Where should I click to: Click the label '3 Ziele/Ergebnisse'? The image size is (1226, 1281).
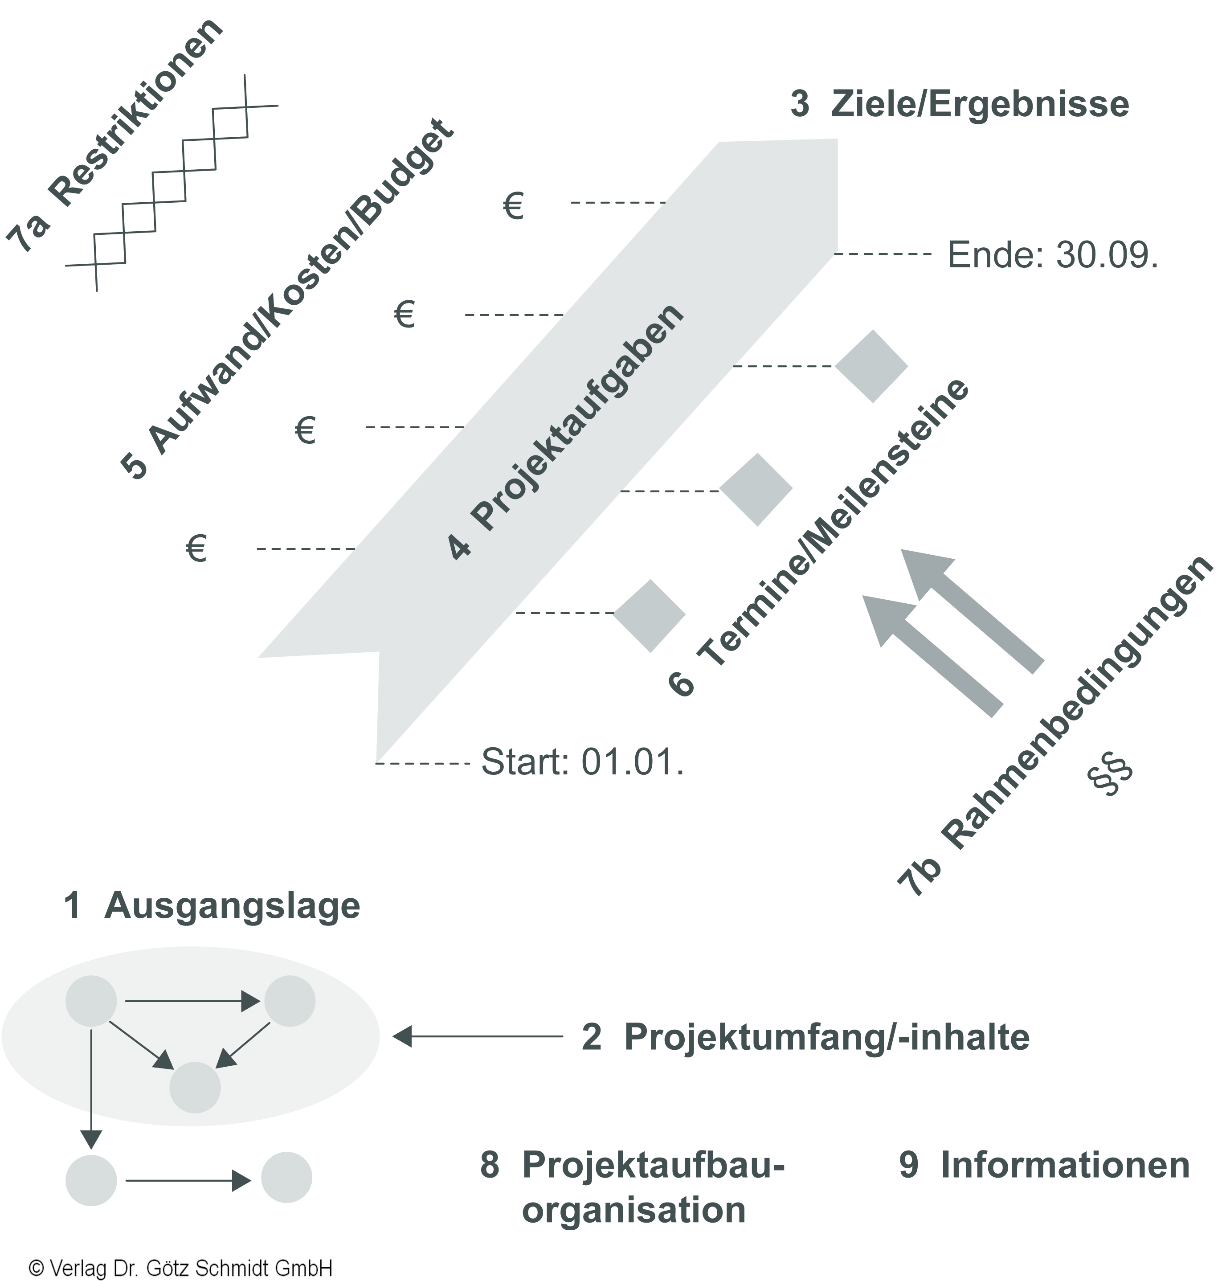[959, 105]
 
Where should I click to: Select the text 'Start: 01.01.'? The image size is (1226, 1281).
[582, 762]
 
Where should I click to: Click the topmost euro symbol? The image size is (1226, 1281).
[514, 207]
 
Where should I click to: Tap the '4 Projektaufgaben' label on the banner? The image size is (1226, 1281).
[566, 431]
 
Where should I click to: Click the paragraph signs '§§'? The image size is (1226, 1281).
[1110, 777]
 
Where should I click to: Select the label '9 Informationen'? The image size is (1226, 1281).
[1044, 1165]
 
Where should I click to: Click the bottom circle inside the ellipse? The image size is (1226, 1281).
[195, 1088]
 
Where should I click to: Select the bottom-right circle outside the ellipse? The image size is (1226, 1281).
[286, 1177]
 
